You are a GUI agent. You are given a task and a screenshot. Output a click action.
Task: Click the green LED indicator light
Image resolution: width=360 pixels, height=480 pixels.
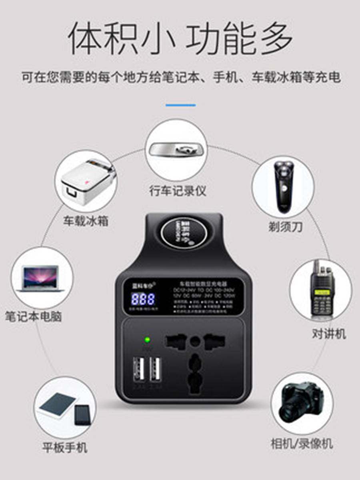[x=147, y=340]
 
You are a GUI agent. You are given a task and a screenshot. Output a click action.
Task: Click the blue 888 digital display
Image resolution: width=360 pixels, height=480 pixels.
[x=143, y=299]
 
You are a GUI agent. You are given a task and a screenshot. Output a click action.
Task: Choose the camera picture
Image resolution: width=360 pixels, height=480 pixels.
[x=302, y=402]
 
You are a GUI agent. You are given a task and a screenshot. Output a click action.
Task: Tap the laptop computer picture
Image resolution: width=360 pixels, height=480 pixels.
[x=42, y=278]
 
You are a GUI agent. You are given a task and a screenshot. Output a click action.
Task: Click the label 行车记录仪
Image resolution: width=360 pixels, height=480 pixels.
[x=178, y=190]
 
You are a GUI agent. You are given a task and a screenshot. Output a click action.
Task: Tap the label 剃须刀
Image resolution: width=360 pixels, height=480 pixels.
[x=285, y=227]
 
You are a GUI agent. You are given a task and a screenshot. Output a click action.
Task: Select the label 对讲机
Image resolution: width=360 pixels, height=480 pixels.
[x=329, y=334]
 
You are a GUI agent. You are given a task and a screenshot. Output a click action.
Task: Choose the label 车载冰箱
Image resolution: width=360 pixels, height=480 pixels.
[x=86, y=221]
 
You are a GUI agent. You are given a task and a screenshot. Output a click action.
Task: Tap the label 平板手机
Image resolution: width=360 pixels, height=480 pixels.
[x=65, y=447]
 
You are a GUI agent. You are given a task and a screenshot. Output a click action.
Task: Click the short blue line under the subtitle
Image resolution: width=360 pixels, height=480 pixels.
[x=180, y=105]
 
